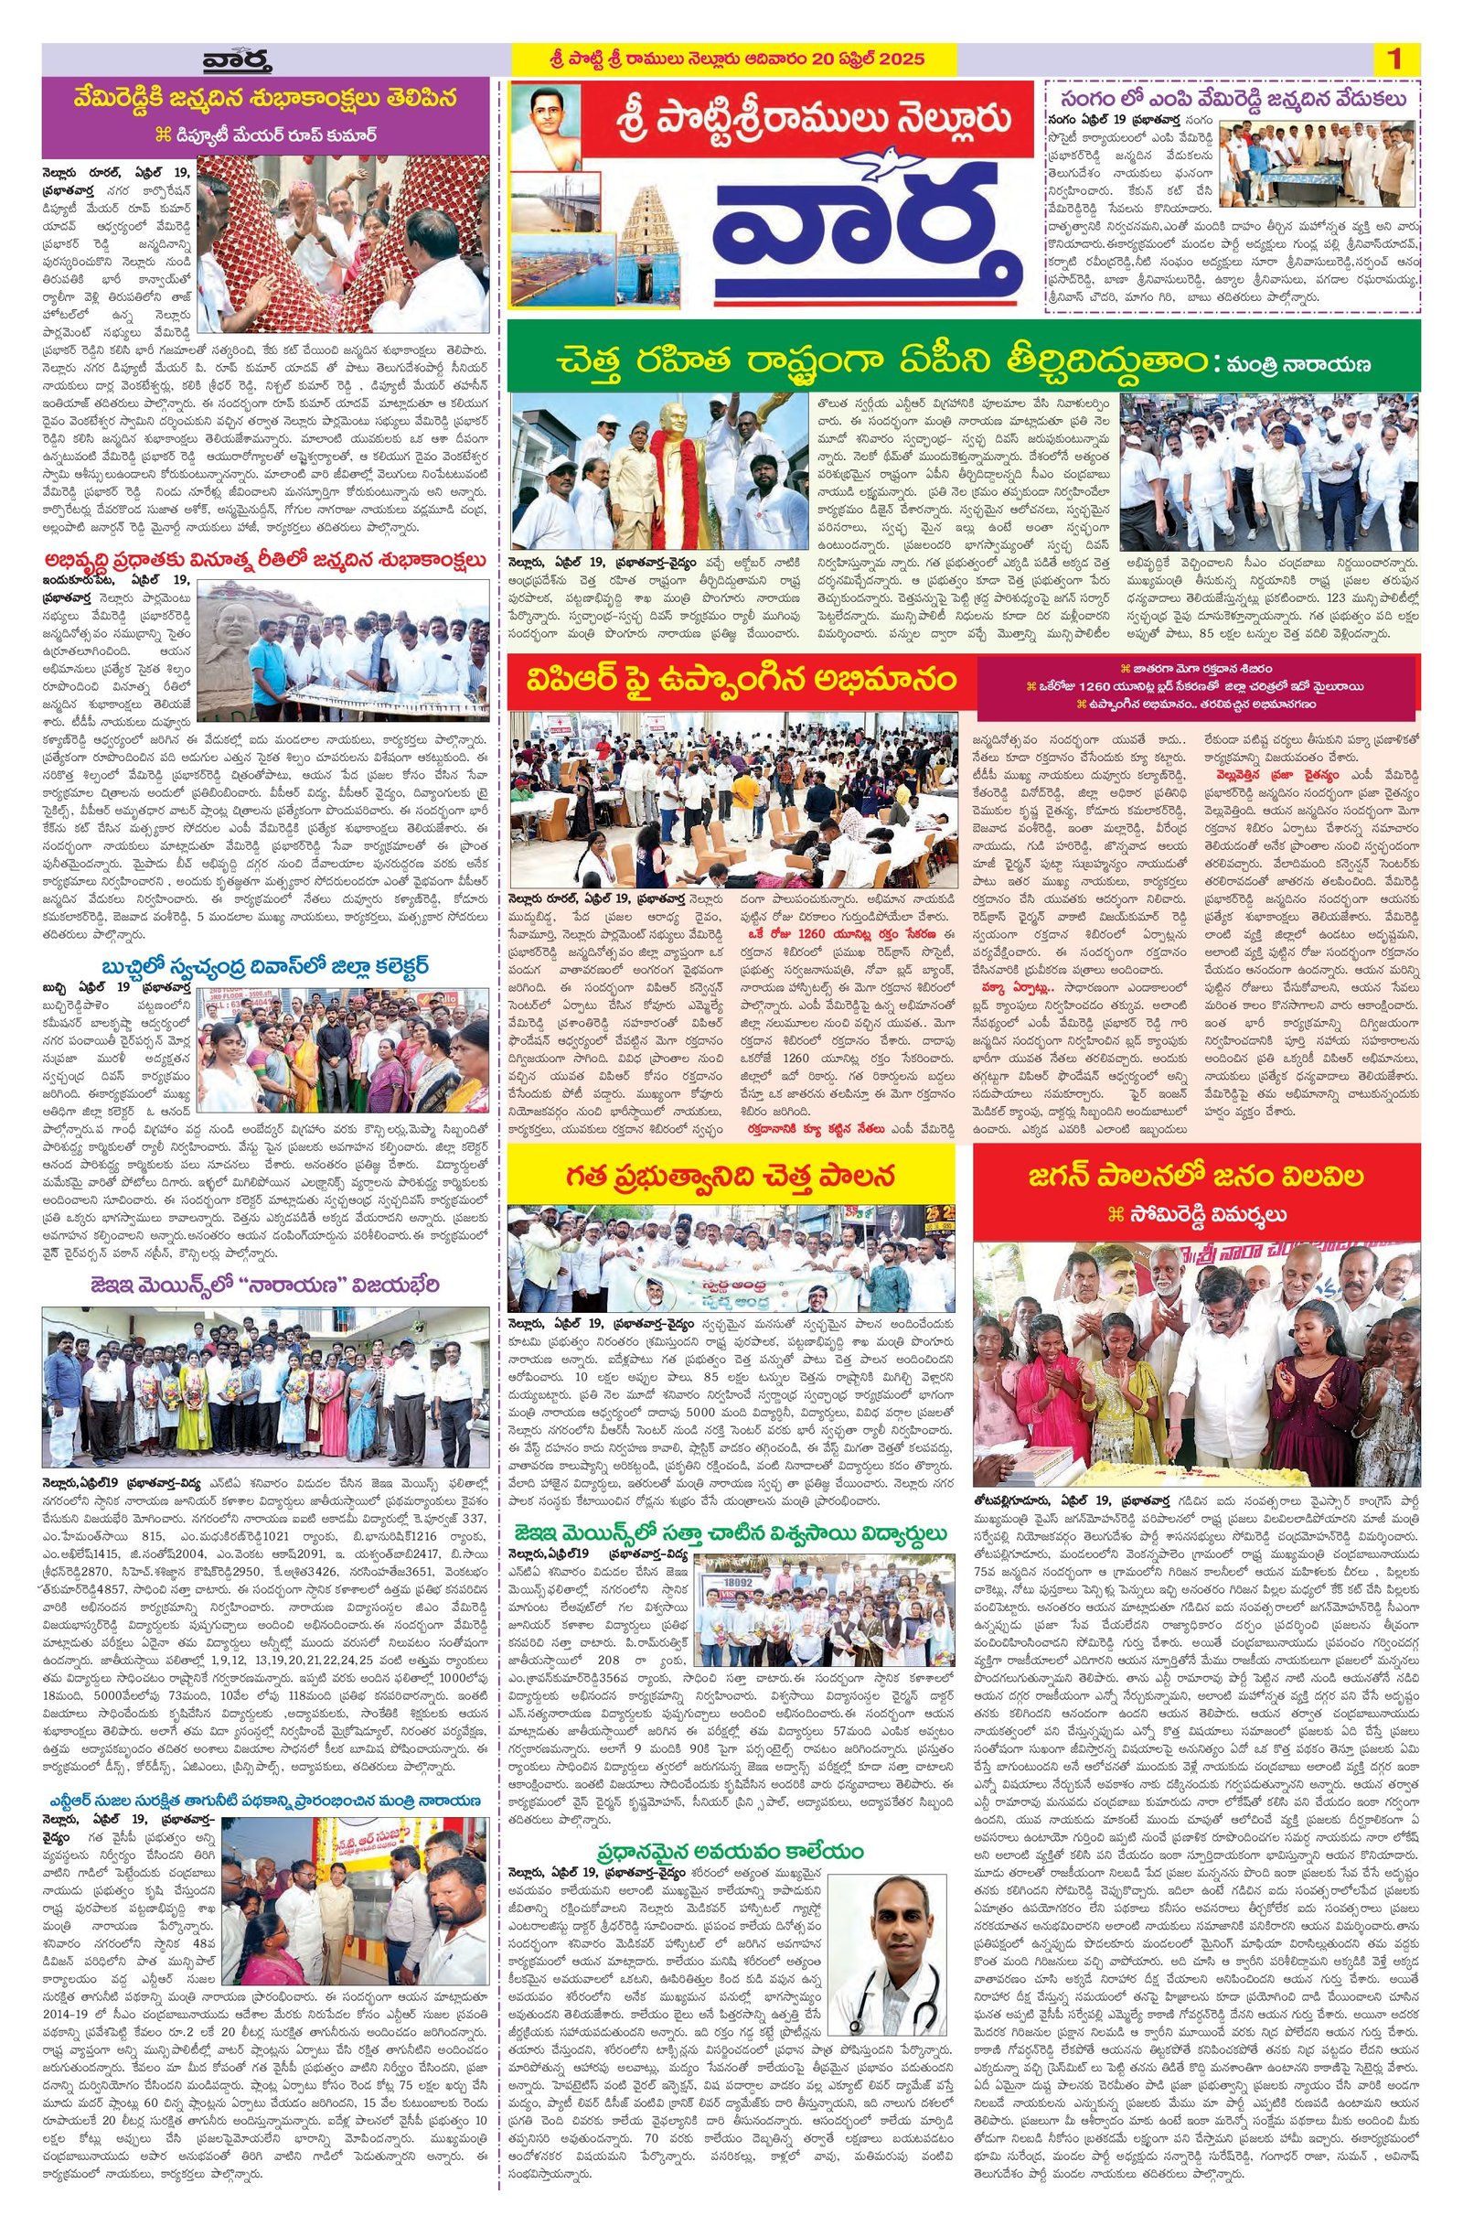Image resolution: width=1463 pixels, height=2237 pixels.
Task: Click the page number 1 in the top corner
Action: (1394, 59)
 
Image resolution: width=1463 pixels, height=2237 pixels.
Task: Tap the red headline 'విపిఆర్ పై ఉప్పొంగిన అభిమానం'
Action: (733, 678)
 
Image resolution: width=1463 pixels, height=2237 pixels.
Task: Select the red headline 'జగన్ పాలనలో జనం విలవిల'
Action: (1195, 1175)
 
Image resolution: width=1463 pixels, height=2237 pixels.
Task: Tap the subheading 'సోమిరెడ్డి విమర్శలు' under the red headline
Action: (1195, 1214)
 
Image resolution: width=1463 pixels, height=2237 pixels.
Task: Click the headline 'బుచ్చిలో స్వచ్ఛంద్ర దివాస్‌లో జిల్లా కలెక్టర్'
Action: (266, 966)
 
